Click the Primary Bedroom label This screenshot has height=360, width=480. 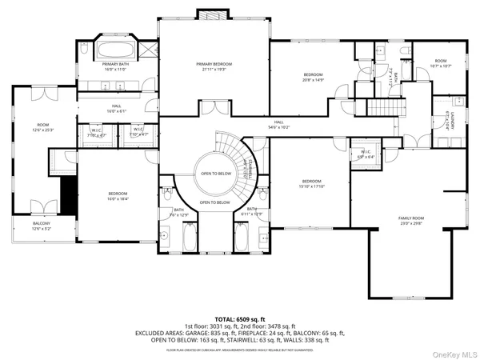click(x=214, y=66)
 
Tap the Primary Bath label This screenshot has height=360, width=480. click(x=115, y=67)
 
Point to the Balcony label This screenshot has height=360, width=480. click(x=41, y=226)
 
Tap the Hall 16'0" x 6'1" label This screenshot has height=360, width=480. click(x=115, y=108)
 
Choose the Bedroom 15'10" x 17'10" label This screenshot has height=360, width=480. click(x=311, y=183)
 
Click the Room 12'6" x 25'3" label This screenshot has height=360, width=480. click(x=42, y=126)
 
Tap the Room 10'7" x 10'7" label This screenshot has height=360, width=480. click(x=441, y=62)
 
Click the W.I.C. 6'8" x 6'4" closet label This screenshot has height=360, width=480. click(x=366, y=154)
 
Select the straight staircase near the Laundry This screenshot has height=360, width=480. click(x=384, y=108)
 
